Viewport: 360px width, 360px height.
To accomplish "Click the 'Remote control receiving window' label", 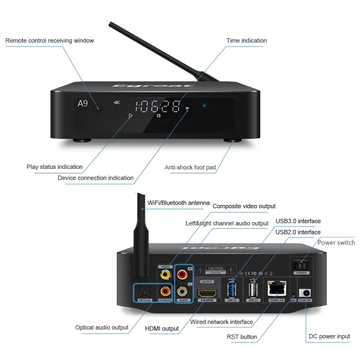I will [x=50, y=40].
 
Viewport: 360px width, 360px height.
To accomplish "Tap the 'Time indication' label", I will [x=246, y=40].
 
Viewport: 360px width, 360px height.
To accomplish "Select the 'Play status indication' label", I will [x=55, y=167].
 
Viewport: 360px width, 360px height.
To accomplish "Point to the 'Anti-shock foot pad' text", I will [x=190, y=167].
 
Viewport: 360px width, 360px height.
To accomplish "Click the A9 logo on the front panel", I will [x=83, y=104].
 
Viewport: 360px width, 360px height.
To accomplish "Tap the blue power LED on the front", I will [x=204, y=105].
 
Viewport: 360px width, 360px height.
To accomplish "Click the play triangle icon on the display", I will [x=131, y=116].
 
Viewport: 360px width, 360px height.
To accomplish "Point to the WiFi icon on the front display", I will [x=187, y=109].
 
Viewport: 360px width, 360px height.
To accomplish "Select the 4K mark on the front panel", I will [x=116, y=102].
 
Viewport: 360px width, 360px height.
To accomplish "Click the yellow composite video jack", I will [x=164, y=274].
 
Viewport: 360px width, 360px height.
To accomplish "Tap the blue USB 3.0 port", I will [x=232, y=289].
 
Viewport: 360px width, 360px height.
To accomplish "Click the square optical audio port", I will [x=145, y=290].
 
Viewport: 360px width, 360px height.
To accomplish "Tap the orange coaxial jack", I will [x=164, y=290].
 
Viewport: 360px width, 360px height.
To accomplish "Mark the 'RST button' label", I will [x=241, y=336].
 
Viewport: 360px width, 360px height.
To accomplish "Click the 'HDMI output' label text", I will [x=162, y=328].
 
